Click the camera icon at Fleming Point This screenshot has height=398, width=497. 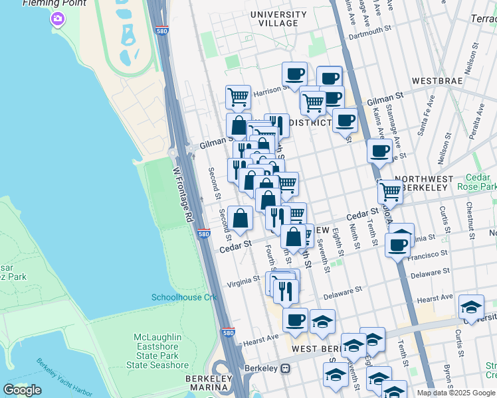click(58, 19)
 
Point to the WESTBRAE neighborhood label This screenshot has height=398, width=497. click(437, 81)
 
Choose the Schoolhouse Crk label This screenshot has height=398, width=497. click(185, 297)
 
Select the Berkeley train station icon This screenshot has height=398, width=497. click(286, 368)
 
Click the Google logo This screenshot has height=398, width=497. click(22, 390)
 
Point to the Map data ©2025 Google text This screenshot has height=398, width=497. click(456, 393)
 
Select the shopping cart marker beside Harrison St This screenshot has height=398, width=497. click(238, 97)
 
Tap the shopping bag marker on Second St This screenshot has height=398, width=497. click(240, 218)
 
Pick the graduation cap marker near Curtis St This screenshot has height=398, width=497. click(470, 306)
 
